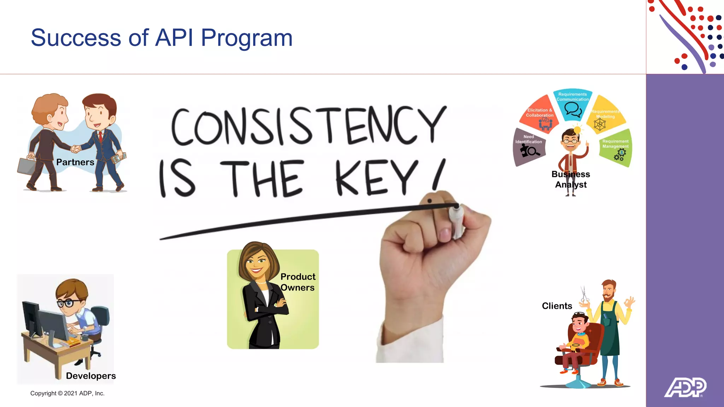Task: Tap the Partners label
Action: (75, 162)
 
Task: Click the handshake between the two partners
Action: (75, 149)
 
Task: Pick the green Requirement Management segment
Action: (616, 148)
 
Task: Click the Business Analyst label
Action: (571, 179)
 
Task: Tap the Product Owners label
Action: (298, 282)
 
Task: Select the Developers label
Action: (91, 376)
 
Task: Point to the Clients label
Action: (557, 306)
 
